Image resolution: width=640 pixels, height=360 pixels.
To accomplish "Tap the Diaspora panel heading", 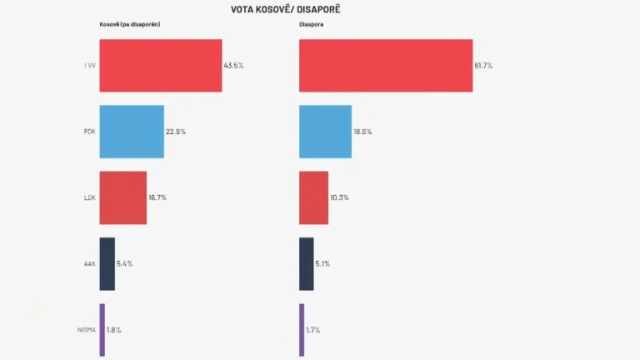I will pos(312,25).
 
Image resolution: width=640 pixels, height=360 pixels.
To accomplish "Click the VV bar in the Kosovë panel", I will pos(160,65).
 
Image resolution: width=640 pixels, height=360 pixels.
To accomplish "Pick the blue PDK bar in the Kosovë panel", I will pos(132,132).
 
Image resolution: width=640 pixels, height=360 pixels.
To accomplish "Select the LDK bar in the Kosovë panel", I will pos(122,197).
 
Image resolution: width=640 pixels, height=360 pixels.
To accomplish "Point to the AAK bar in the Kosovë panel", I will pos(107,263).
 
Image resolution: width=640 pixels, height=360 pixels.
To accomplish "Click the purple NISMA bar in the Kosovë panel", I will pos(102,329).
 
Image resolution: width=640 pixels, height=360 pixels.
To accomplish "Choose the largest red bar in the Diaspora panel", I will pos(385,65).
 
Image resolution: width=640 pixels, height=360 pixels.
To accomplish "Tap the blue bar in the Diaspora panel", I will pos(325,132).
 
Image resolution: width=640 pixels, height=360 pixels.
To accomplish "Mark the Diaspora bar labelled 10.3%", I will pos(313,197).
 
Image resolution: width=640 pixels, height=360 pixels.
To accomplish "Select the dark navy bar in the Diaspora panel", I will pos(306,263).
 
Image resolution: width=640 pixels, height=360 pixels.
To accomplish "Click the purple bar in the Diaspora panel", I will pos(301,329).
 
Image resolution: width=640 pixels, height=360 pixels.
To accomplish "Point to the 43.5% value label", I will pos(233,65).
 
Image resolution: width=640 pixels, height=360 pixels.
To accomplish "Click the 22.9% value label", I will pos(175,132).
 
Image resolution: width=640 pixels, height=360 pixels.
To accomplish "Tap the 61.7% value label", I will pos(483,65).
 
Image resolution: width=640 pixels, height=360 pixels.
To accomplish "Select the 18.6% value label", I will pos(362,132).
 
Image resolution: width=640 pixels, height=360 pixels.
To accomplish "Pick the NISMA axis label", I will pos(87,329).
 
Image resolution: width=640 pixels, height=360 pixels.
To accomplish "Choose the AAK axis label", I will pos(90,263).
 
